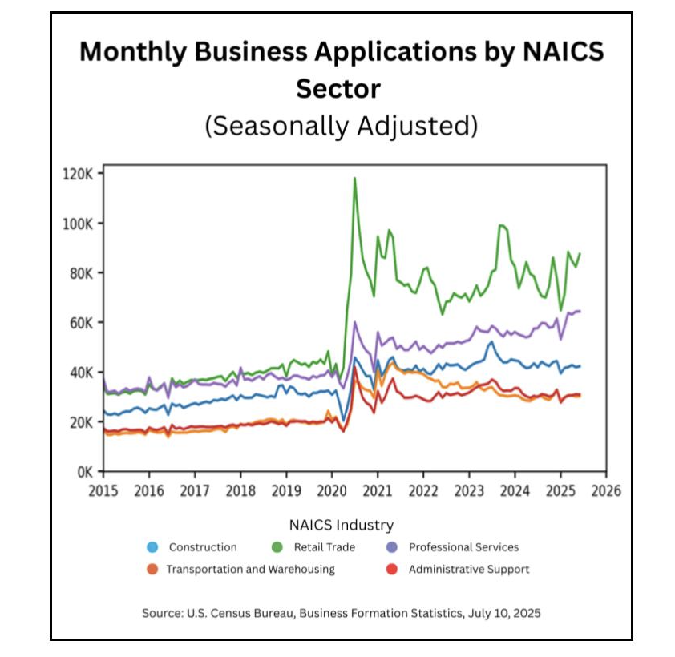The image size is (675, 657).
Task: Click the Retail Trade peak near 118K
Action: pyautogui.click(x=354, y=178)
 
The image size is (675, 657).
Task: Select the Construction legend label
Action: pyautogui.click(x=203, y=548)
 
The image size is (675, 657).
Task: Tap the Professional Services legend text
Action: pyautogui.click(x=463, y=548)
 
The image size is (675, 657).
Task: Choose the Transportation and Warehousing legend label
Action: pyautogui.click(x=250, y=570)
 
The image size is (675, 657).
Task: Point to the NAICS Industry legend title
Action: pyautogui.click(x=342, y=526)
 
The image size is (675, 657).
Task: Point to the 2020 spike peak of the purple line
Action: pyautogui.click(x=354, y=322)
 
